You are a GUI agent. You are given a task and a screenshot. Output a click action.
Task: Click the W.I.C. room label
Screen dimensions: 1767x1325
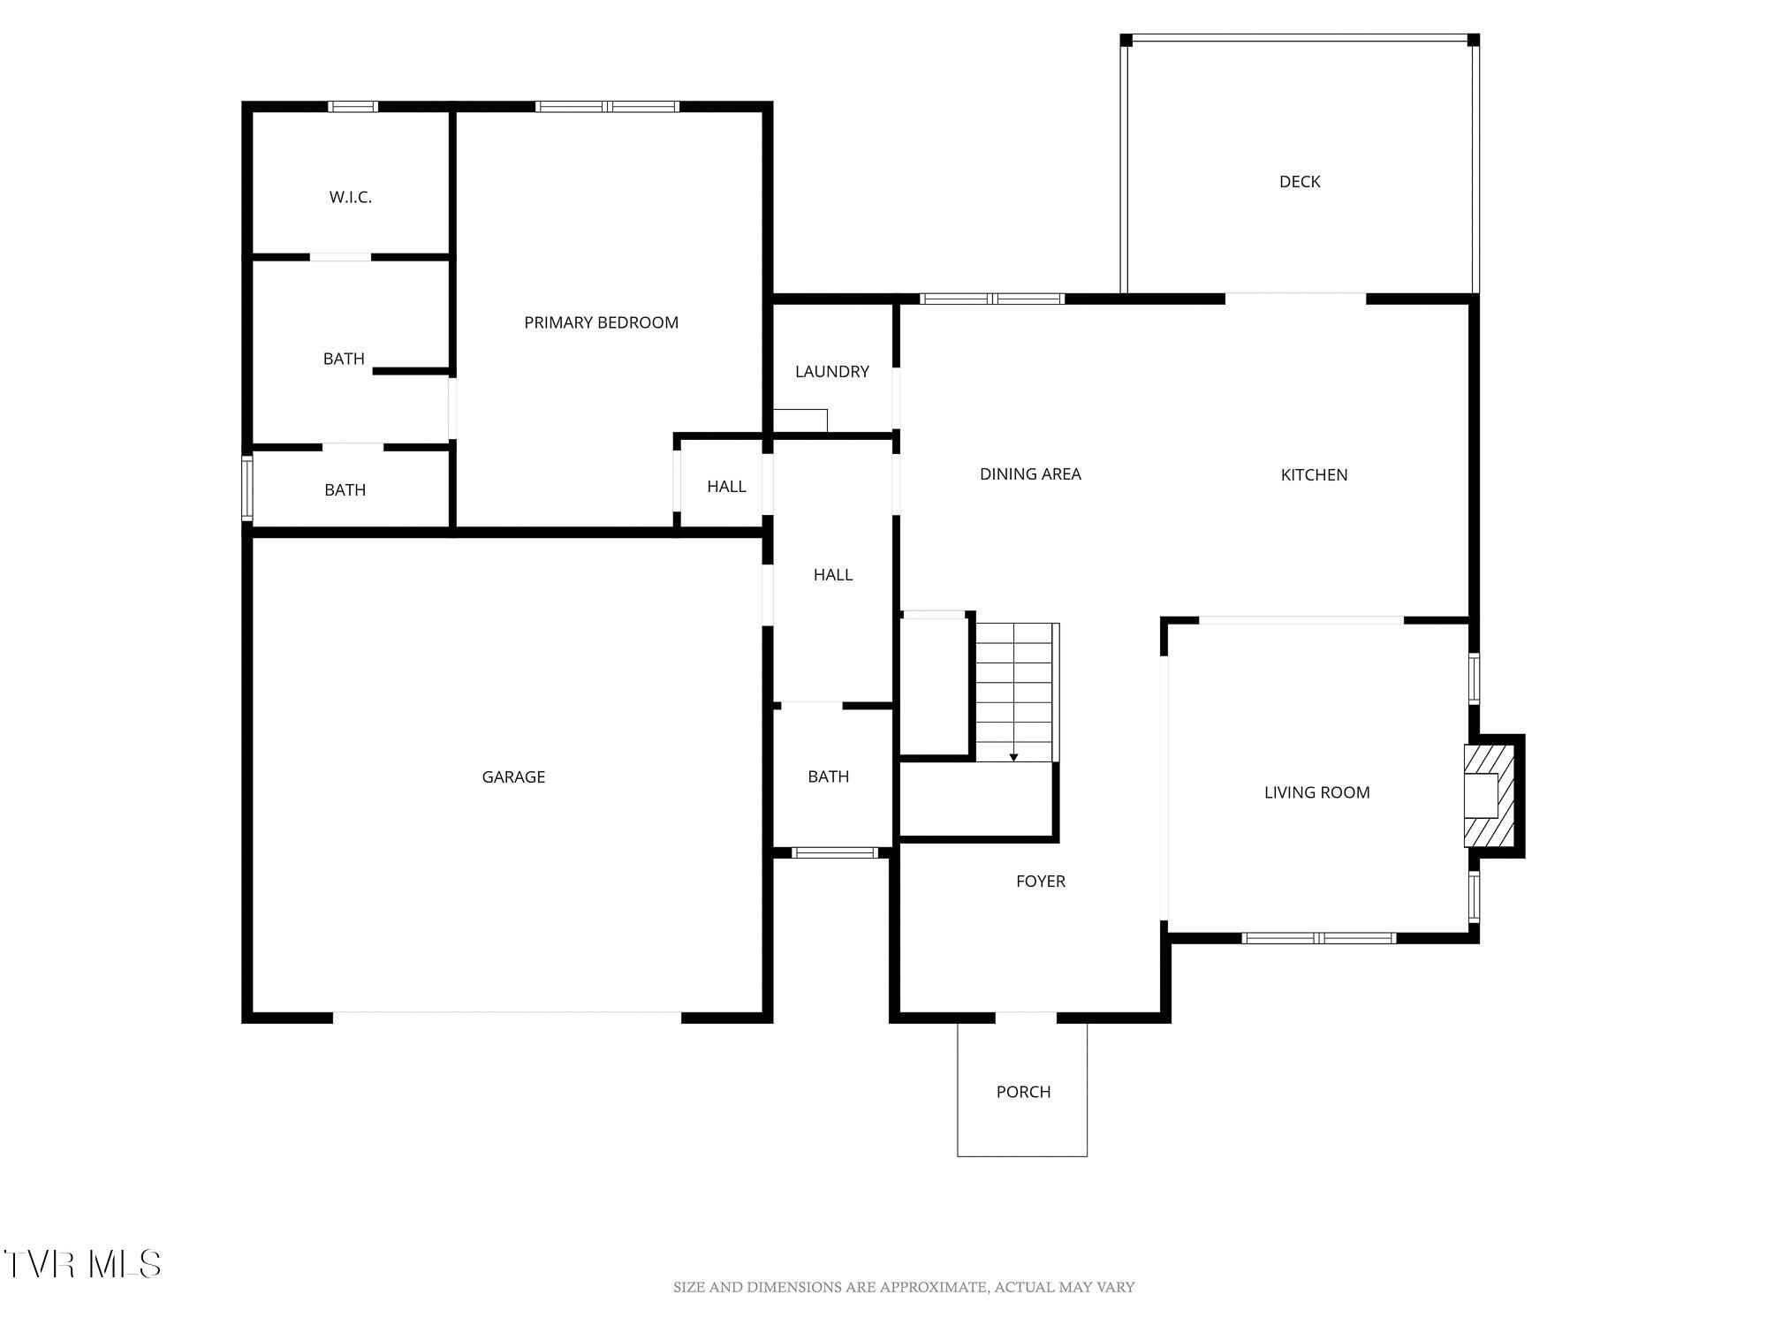[x=351, y=197]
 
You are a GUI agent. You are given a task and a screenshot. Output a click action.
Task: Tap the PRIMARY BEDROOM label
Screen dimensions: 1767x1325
[x=602, y=322]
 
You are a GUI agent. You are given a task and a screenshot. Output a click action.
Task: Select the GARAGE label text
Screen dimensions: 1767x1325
[x=513, y=777]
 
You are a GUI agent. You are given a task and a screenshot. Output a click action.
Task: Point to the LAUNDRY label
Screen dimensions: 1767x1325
[x=832, y=372]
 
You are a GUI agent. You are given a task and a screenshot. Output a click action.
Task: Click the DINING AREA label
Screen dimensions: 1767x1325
[x=1030, y=474]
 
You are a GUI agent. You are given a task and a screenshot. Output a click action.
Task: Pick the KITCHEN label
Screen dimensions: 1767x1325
[x=1315, y=475]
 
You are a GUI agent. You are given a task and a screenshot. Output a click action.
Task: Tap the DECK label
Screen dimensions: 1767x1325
[x=1300, y=182]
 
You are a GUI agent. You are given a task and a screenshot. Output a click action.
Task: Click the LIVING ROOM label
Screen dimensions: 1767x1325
[x=1317, y=793]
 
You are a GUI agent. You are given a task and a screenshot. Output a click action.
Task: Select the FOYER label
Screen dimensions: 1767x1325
[x=1041, y=882]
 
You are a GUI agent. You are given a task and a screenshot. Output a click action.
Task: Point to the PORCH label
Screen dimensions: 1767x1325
[x=1024, y=1093]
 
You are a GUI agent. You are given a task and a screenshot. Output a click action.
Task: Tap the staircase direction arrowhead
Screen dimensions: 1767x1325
[x=1014, y=757]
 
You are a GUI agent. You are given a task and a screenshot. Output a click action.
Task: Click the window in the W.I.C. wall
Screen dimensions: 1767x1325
[x=353, y=107]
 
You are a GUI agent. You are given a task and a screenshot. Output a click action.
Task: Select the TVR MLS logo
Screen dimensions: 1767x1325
[x=82, y=1264]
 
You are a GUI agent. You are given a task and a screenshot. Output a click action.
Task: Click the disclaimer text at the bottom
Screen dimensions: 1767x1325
[x=904, y=1288]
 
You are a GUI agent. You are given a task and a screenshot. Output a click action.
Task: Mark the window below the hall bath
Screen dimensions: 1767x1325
[x=835, y=852]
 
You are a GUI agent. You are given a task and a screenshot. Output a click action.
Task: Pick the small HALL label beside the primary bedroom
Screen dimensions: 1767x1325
[x=726, y=487]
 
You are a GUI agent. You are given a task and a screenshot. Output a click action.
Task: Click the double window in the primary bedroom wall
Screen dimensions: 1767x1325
[x=607, y=107]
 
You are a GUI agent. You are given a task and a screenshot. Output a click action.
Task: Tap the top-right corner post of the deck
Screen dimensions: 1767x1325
[x=1474, y=40]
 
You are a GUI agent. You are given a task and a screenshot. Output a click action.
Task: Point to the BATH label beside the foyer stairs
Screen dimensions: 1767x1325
[x=829, y=777]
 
